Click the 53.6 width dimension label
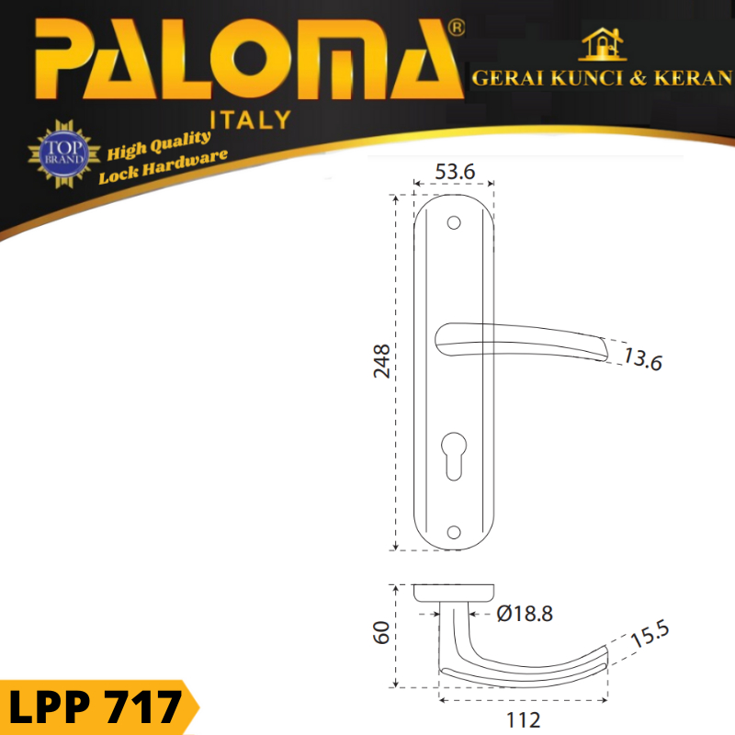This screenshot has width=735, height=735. pyautogui.click(x=455, y=172)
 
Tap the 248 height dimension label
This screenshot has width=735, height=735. pyautogui.click(x=382, y=361)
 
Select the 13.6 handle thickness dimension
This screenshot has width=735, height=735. pyautogui.click(x=642, y=359)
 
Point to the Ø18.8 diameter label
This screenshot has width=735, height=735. pyautogui.click(x=525, y=614)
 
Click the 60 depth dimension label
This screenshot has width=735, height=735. pyautogui.click(x=381, y=632)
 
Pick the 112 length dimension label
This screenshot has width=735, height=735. pyautogui.click(x=523, y=720)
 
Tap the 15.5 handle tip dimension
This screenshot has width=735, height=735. pyautogui.click(x=650, y=633)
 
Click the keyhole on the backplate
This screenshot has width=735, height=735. pyautogui.click(x=454, y=456)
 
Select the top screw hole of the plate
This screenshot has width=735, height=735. pyautogui.click(x=454, y=222)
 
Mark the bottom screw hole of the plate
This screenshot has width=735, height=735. pyautogui.click(x=454, y=532)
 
